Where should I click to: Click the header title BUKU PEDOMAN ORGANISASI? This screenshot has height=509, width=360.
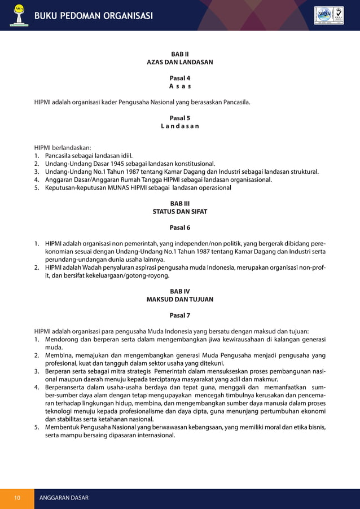[x=94, y=15]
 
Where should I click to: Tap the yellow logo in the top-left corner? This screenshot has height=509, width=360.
[x=19, y=15]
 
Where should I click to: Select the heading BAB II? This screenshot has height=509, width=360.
[x=180, y=54]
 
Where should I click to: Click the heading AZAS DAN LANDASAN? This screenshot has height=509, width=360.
[x=180, y=63]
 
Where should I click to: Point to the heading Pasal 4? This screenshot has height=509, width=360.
[x=180, y=78]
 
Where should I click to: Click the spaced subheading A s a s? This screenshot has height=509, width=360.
[x=180, y=87]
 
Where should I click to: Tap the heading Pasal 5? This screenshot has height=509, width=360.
[x=180, y=119]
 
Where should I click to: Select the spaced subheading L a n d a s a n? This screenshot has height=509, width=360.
[x=180, y=126]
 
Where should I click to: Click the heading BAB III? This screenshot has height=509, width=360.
[x=180, y=204]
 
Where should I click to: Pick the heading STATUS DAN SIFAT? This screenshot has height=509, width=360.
[x=180, y=212]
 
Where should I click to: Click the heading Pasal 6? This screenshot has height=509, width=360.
[x=180, y=228]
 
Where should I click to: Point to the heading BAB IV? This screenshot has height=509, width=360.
[x=180, y=291]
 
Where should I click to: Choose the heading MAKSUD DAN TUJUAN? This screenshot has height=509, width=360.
[x=180, y=300]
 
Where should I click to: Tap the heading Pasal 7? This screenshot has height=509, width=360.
[x=180, y=315]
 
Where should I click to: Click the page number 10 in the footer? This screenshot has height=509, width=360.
[x=17, y=498]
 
